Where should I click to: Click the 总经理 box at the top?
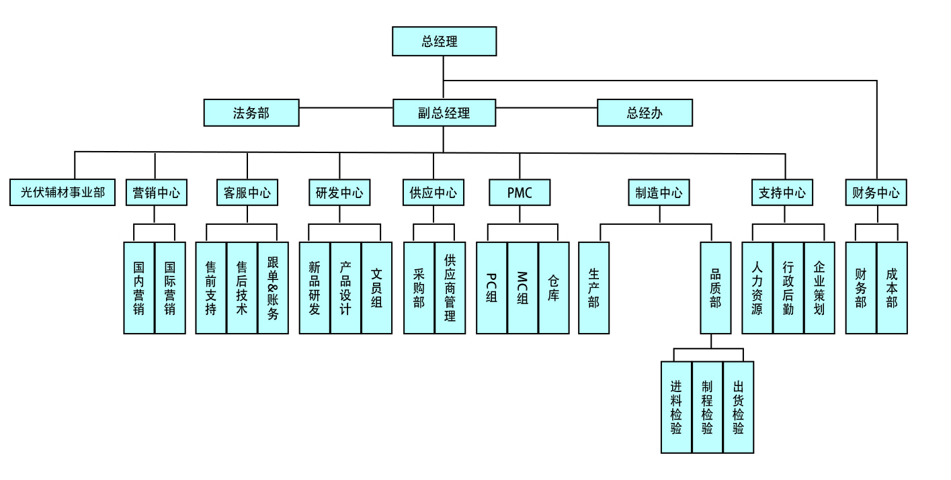click(x=444, y=41)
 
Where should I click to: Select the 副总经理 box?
click(x=444, y=113)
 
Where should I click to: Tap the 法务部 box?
click(x=251, y=113)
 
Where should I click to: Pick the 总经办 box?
click(x=645, y=113)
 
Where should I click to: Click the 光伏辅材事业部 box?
click(x=63, y=193)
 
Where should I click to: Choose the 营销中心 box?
click(x=156, y=193)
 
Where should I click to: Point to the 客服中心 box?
click(x=247, y=193)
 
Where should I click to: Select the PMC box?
click(x=520, y=193)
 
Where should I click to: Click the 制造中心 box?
click(x=659, y=193)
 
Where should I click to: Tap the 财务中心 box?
click(x=876, y=193)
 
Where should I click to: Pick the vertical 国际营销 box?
click(x=170, y=287)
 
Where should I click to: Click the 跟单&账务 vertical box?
click(x=273, y=287)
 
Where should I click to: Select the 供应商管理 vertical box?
click(x=450, y=287)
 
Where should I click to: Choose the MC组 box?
click(x=523, y=287)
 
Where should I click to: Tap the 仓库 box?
click(x=554, y=287)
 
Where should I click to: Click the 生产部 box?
click(x=593, y=287)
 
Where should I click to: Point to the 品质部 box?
click(x=715, y=287)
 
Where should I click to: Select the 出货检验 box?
click(x=738, y=407)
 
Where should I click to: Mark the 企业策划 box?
click(x=819, y=287)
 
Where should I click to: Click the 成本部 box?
click(x=892, y=287)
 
